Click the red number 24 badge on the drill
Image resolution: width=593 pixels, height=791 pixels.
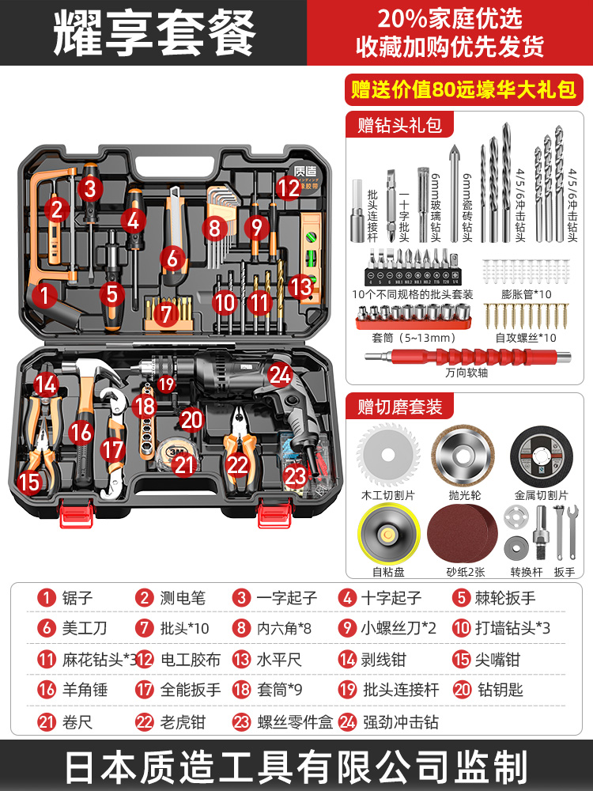pyautogui.click(x=279, y=374)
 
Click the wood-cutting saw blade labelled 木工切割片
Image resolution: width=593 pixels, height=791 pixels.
pyautogui.click(x=387, y=454)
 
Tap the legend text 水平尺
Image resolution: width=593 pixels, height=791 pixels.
pyautogui.click(x=278, y=658)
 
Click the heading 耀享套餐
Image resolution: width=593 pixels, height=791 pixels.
pyautogui.click(x=155, y=33)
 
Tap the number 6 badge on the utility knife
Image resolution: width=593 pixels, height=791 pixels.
pyautogui.click(x=172, y=258)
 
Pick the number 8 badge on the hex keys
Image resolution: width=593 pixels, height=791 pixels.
pyautogui.click(x=213, y=229)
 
